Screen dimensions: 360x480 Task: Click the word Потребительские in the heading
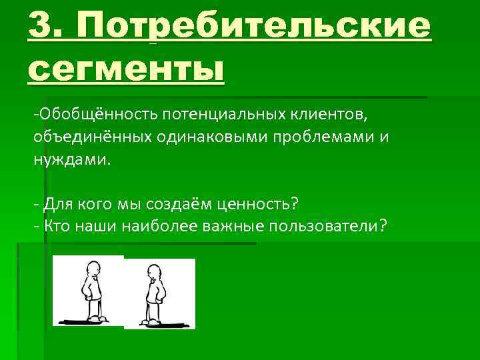[254, 27]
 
